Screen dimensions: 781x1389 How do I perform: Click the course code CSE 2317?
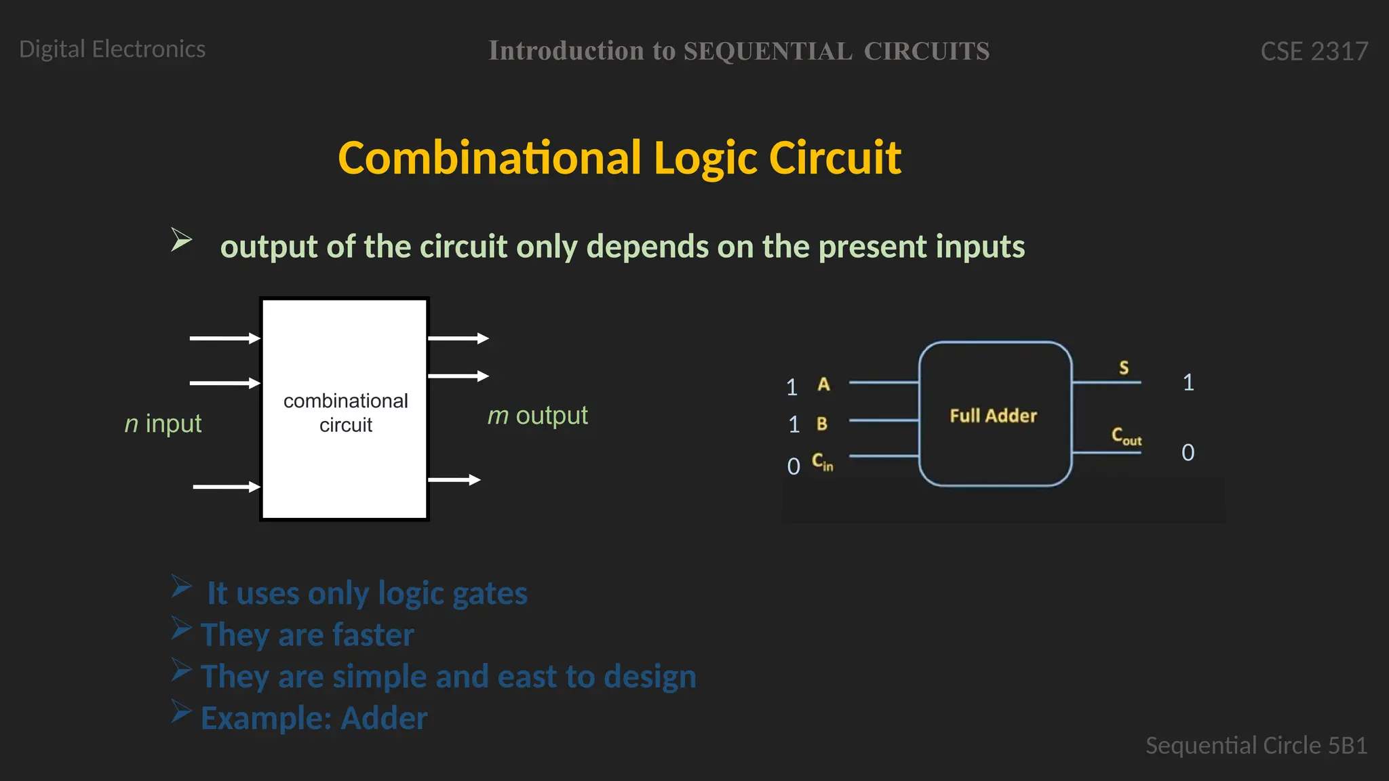tap(1314, 52)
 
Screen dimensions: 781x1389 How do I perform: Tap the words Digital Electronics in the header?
tap(112, 49)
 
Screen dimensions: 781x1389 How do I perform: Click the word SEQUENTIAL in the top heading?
tap(767, 52)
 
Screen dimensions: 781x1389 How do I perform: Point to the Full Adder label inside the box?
tap(993, 416)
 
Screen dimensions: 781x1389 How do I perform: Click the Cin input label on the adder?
tap(822, 462)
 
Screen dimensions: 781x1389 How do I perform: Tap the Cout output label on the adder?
tap(1126, 436)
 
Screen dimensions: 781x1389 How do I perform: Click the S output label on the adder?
tap(1124, 367)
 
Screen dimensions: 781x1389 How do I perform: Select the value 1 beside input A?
tap(791, 387)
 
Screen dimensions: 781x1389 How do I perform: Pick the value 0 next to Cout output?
tap(1188, 452)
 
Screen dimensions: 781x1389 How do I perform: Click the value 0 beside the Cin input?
tap(794, 466)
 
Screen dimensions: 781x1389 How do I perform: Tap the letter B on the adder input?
tap(821, 424)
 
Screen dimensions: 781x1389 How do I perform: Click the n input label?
tap(163, 424)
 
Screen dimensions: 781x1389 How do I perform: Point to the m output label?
tap(537, 416)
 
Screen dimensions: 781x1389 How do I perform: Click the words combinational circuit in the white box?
tap(345, 413)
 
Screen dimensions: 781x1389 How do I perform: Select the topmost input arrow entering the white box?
tap(224, 338)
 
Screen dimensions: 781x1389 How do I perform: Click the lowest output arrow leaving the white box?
tap(454, 480)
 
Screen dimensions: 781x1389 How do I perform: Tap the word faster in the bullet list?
tap(373, 635)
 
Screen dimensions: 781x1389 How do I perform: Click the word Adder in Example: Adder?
tap(384, 719)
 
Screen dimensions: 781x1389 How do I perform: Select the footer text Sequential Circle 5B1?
tap(1256, 746)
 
